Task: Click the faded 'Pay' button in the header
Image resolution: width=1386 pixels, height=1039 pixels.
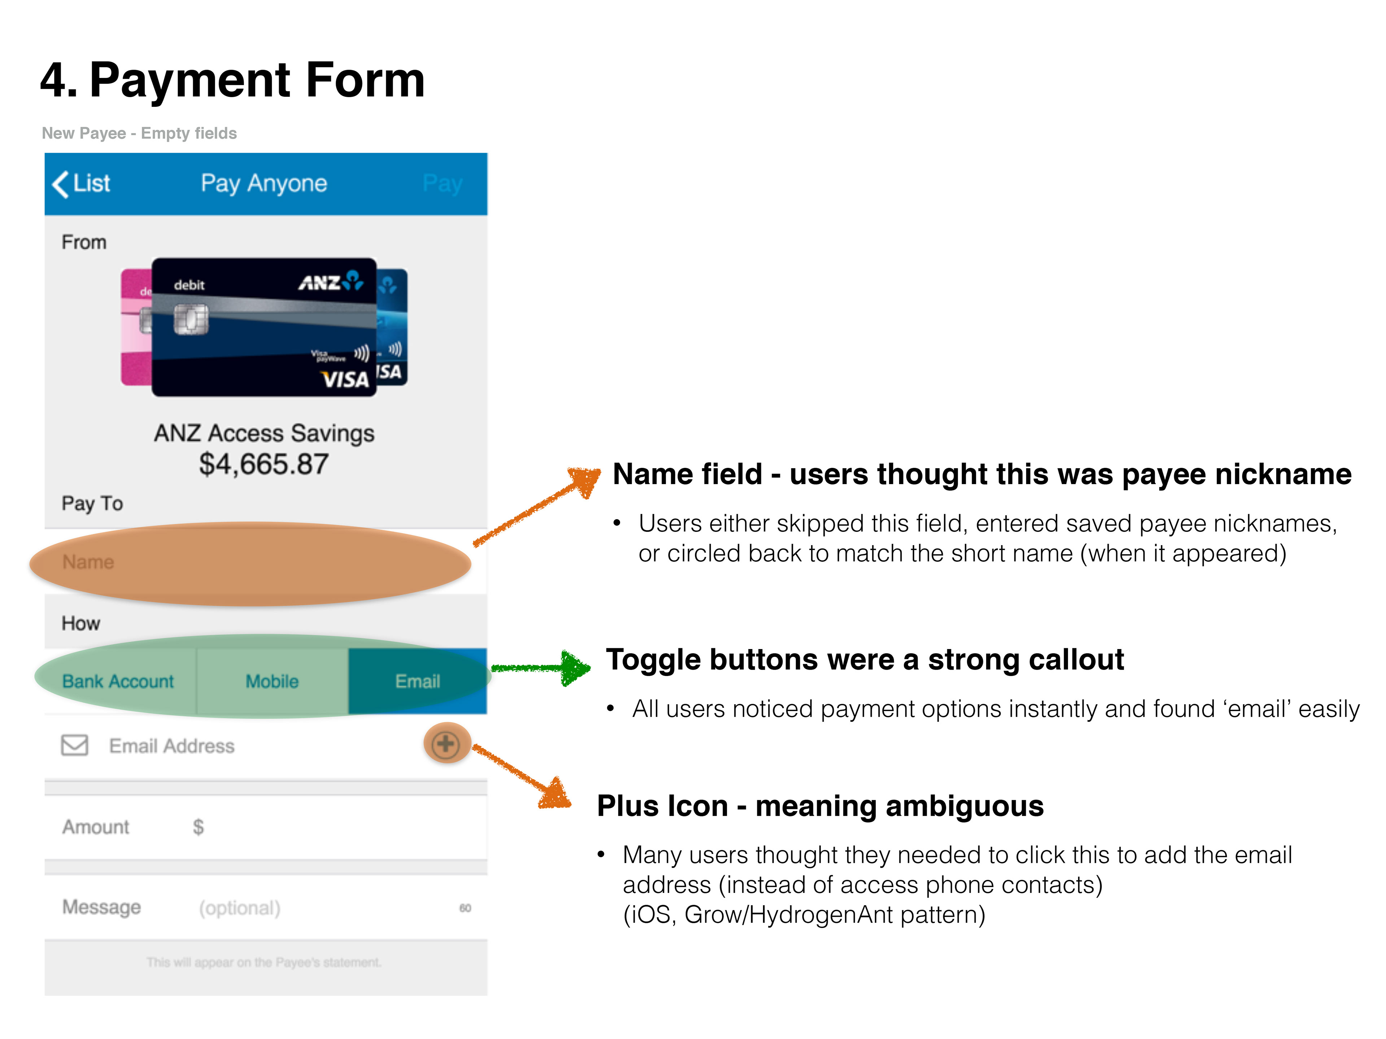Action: (x=443, y=184)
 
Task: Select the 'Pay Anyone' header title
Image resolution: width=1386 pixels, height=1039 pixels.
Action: (x=264, y=184)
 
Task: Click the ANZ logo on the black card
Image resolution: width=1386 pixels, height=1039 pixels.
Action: (x=330, y=282)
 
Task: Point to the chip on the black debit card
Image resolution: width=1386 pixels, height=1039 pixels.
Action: (x=191, y=319)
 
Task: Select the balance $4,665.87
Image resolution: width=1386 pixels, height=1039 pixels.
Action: (x=264, y=464)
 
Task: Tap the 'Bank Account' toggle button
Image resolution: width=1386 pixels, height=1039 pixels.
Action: (x=118, y=681)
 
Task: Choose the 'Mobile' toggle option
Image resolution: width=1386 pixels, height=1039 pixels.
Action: (x=272, y=681)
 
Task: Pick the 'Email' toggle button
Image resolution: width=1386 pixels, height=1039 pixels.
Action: (x=417, y=681)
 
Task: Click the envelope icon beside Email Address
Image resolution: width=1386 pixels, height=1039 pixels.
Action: (x=75, y=745)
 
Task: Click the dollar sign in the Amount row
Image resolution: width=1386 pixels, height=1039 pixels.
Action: (x=198, y=827)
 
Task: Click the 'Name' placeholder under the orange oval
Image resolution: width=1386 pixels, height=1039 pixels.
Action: (x=88, y=562)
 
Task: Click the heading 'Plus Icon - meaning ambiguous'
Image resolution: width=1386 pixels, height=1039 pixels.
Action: (x=820, y=806)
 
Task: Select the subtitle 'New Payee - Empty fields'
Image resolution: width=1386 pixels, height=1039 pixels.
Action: (x=139, y=133)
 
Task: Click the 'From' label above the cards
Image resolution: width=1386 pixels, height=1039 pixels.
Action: (x=84, y=242)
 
